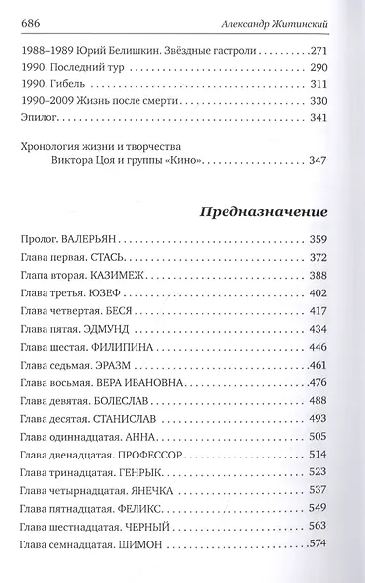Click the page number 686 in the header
coord(31,21)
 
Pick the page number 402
coord(338,294)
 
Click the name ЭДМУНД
coord(111,329)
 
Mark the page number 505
coord(338,437)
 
